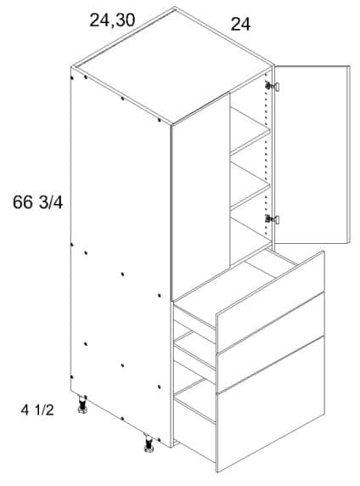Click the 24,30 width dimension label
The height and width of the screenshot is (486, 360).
pos(112,20)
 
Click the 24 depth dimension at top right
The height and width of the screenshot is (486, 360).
pos(241,24)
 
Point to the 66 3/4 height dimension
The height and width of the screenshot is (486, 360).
pos(38,203)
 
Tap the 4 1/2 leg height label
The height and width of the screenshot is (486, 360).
pos(37,410)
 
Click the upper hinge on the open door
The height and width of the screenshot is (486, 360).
pos(273,86)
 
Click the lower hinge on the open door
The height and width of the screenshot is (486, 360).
pos(273,220)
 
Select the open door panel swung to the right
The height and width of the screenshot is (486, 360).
pos(312,155)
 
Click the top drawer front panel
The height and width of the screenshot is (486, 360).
pos(270,302)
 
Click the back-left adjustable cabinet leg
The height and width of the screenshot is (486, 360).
pos(82,404)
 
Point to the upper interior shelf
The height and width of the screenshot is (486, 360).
pos(250,131)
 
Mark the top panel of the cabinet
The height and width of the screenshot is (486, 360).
pos(172,65)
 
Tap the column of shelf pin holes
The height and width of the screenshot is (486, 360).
pos(266,155)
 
